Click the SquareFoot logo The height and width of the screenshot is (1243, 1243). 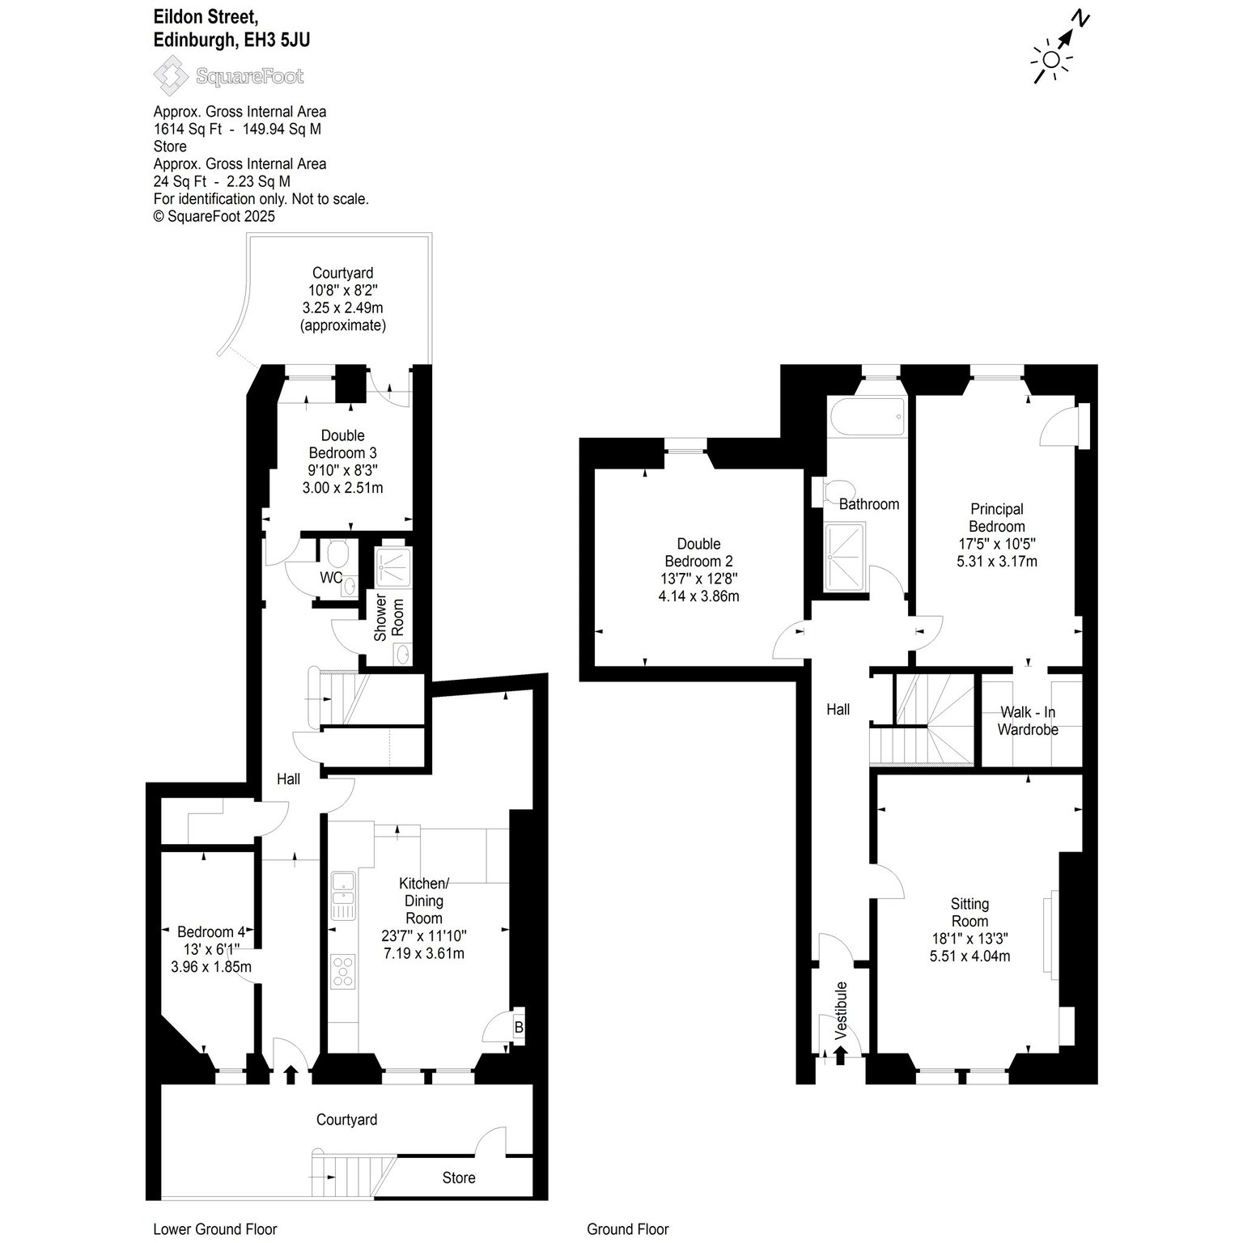pyautogui.click(x=229, y=77)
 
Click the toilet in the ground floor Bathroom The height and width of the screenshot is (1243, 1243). pyautogui.click(x=830, y=492)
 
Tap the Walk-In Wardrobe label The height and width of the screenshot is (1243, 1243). pyautogui.click(x=1028, y=720)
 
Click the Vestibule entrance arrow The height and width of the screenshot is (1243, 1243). pyautogui.click(x=840, y=1054)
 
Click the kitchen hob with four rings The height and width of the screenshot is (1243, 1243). pyautogui.click(x=344, y=971)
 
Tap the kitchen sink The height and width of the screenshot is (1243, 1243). pyautogui.click(x=344, y=895)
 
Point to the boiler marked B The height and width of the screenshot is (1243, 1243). pyautogui.click(x=519, y=1027)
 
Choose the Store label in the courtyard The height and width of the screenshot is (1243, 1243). pyautogui.click(x=459, y=1177)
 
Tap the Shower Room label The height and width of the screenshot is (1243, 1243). pyautogui.click(x=388, y=619)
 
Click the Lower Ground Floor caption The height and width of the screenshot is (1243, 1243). pyautogui.click(x=215, y=1229)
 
